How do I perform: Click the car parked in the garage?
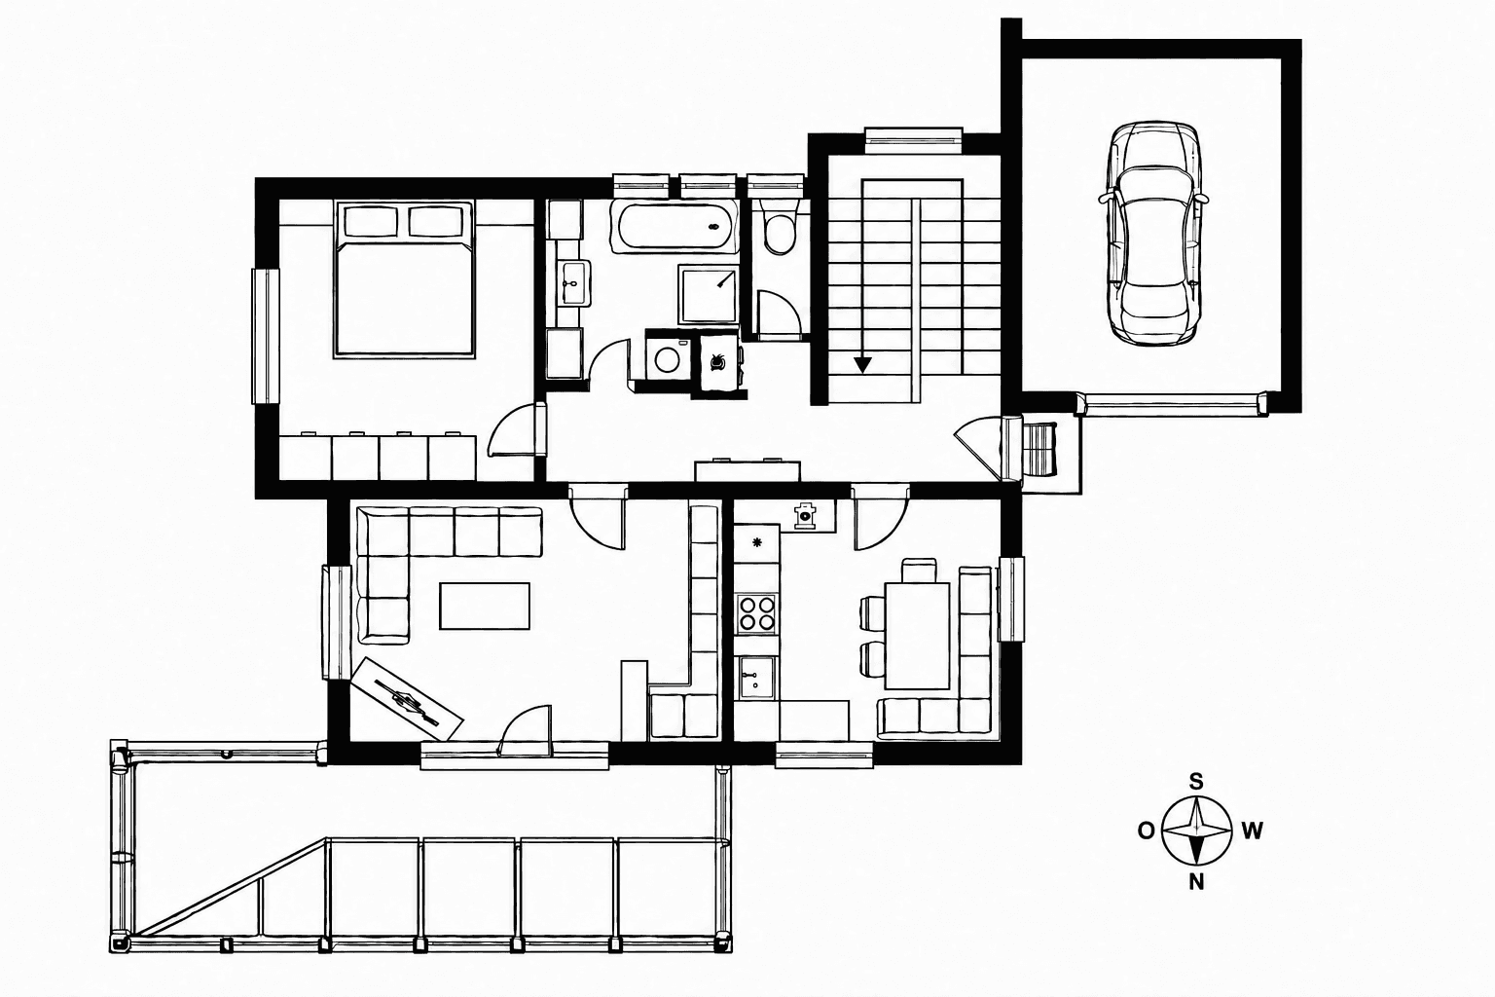click(x=1151, y=234)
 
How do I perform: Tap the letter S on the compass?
click(x=1196, y=782)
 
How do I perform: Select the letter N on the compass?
click(x=1196, y=882)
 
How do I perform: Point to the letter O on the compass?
click(x=1146, y=831)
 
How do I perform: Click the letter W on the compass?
click(x=1252, y=831)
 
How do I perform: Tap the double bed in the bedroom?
click(x=405, y=279)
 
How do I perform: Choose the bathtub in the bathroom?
click(x=675, y=227)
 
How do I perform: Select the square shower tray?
click(x=709, y=294)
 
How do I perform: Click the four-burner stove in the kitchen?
click(x=757, y=613)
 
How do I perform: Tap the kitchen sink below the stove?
click(x=757, y=677)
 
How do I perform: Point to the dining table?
click(x=917, y=635)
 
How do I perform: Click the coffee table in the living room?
click(x=485, y=606)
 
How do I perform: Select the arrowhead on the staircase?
click(x=863, y=364)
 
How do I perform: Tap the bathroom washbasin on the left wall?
click(x=574, y=283)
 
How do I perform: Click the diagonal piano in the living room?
click(x=407, y=698)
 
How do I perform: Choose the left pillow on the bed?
click(x=371, y=221)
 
